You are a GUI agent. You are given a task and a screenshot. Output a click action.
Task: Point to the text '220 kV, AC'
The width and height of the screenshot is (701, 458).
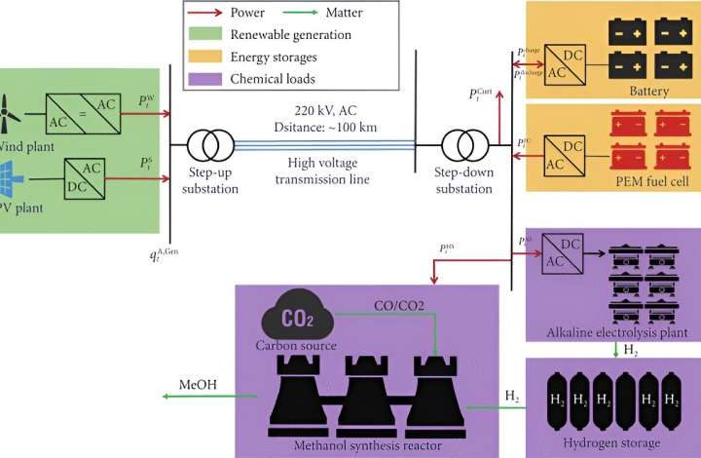click(x=326, y=109)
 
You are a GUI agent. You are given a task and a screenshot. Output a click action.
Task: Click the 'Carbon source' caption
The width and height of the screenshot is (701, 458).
click(x=297, y=346)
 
